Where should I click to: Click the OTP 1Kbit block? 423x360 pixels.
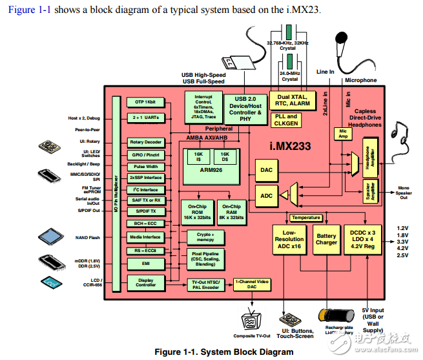pos(145,102)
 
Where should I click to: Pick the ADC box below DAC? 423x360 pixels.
pos(265,195)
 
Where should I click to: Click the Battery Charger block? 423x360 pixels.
pos(326,240)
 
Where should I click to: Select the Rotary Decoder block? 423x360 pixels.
pos(145,142)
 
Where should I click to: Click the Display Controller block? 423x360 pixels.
pos(145,283)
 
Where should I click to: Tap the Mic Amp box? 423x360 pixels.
pos(342,133)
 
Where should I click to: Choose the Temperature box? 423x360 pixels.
pos(305,218)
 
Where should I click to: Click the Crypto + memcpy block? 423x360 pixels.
pos(205,237)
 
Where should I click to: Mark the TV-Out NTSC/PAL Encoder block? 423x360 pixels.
pos(204,286)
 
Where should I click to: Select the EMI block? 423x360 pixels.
pos(145,263)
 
